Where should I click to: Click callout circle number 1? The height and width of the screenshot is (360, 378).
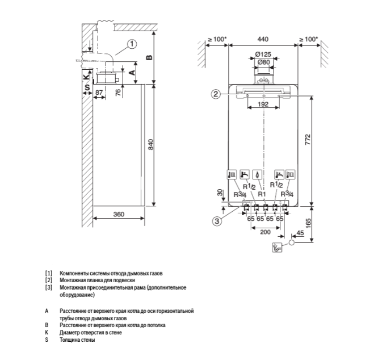pos(131,43)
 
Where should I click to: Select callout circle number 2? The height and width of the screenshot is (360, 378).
pos(216,94)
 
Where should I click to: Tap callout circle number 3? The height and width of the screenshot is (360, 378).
pos(216,221)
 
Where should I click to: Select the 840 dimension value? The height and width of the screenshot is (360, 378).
pos(151,145)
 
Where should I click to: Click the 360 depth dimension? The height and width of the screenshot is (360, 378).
pos(119,215)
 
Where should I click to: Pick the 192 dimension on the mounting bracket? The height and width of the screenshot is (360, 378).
pos(263,104)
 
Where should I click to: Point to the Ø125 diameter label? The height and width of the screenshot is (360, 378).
pos(263,55)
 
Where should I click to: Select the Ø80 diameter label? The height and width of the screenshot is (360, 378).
pos(263,62)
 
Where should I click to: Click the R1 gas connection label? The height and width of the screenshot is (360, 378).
pos(262,194)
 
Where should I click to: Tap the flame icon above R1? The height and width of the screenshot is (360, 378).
pos(259,175)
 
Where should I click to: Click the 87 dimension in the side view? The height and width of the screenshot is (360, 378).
pos(99,92)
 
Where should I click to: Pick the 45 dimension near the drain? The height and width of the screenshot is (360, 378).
pos(300,233)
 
